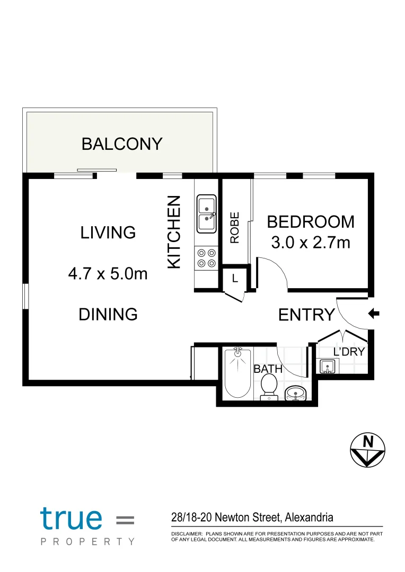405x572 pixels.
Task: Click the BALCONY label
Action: point(122,144)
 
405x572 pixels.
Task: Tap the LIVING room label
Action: point(108,233)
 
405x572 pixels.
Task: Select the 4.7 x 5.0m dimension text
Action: point(108,274)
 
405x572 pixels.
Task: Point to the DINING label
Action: point(108,314)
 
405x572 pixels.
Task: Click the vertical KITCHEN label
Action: point(174,232)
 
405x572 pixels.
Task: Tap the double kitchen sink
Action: point(207,214)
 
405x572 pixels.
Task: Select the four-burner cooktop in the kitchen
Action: point(206,258)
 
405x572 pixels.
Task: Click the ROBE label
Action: point(235,228)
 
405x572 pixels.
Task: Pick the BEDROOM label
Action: point(311,221)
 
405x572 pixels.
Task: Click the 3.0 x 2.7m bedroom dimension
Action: point(311,243)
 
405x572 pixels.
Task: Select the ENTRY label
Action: point(306,315)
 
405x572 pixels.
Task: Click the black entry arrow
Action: point(374,315)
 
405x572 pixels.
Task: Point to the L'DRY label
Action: point(349,352)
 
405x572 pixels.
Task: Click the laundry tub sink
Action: point(327,366)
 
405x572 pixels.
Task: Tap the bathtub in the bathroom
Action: point(237,372)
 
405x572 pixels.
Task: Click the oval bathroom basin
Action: point(295,393)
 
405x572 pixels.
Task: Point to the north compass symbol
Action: point(367,450)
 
